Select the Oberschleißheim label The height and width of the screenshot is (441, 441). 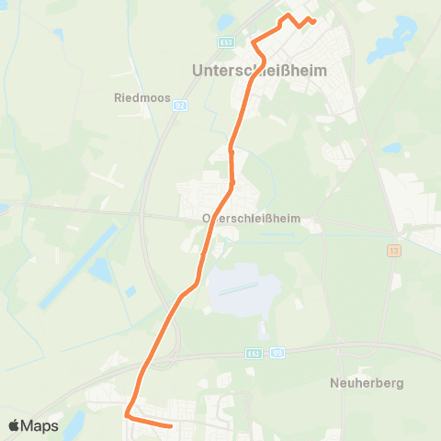click(x=257, y=220)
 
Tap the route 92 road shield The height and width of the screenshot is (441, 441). click(x=180, y=106)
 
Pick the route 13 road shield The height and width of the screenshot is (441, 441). click(x=392, y=250)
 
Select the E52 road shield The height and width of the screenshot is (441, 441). click(x=254, y=352)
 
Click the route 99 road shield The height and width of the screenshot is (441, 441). click(x=277, y=352)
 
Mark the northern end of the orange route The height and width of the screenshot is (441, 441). click(x=314, y=21)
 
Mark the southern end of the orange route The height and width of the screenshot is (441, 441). click(x=171, y=425)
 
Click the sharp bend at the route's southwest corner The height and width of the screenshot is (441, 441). click(x=128, y=415)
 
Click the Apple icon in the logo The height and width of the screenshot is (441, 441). click(x=14, y=425)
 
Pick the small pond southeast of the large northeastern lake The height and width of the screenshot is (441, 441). click(x=392, y=147)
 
